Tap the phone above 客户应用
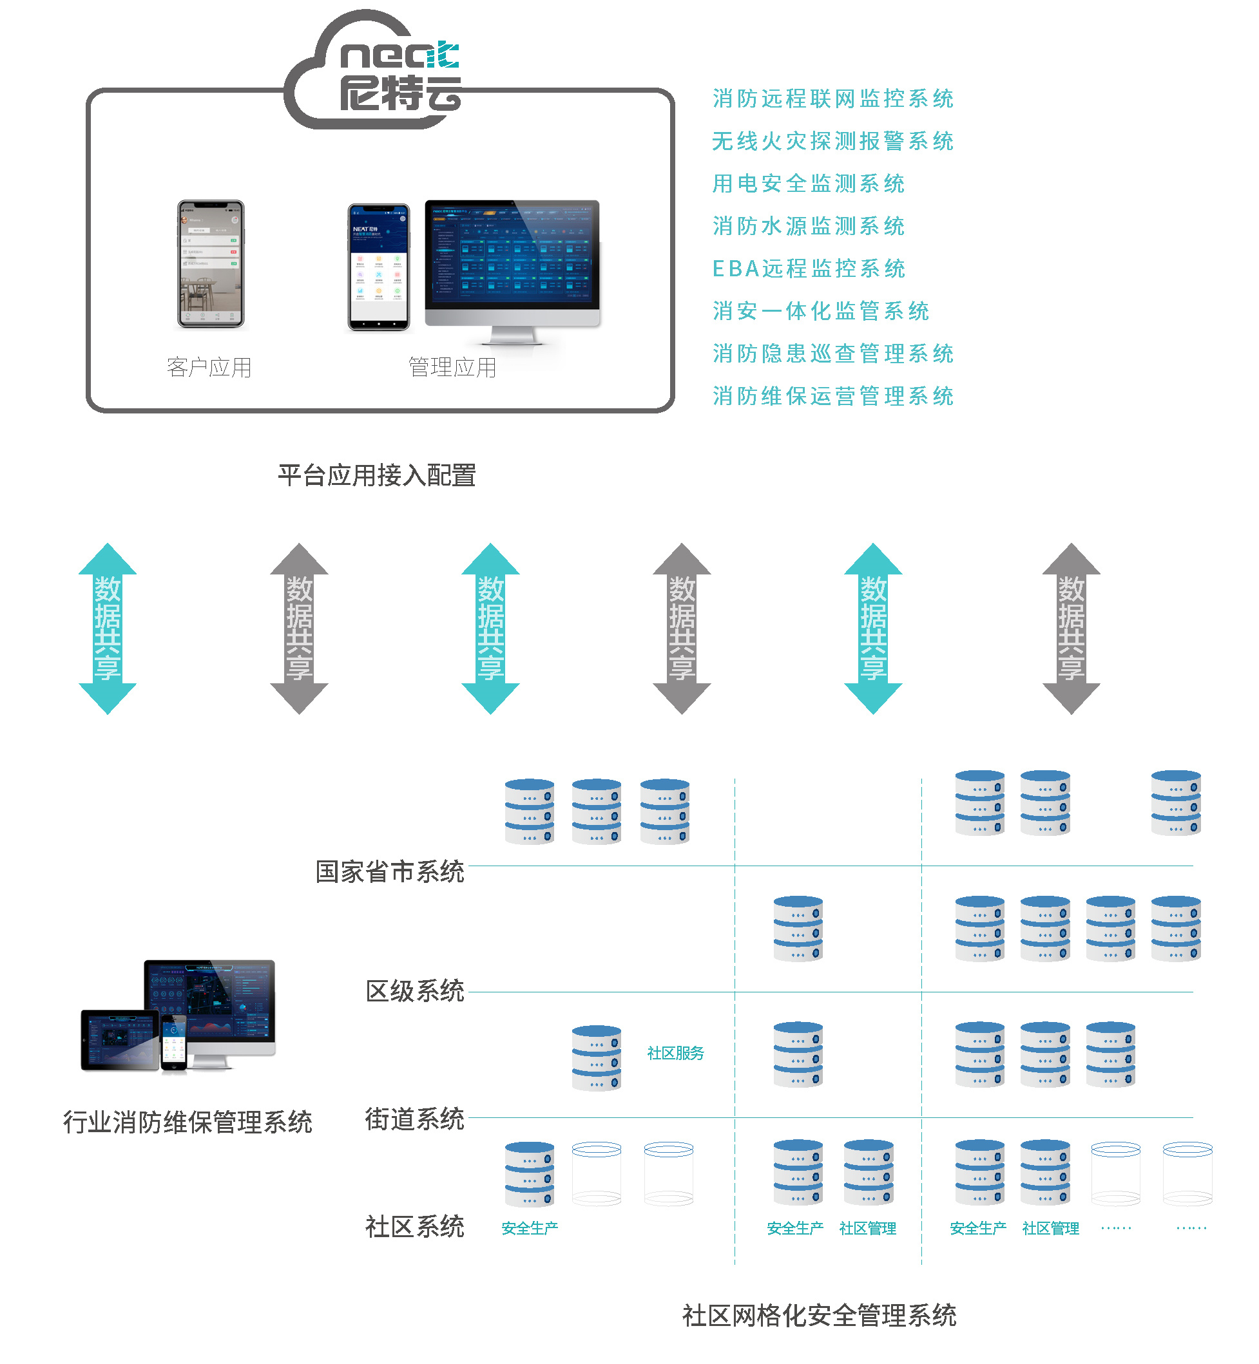pyautogui.click(x=211, y=263)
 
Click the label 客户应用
pyautogui.click(x=209, y=368)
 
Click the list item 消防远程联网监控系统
pyautogui.click(x=832, y=99)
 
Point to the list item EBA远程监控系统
pyautogui.click(x=809, y=269)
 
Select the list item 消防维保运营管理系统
pyautogui.click(x=832, y=395)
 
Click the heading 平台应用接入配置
pyautogui.click(x=377, y=475)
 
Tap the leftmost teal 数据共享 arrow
pyautogui.click(x=108, y=628)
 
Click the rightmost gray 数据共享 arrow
pyautogui.click(x=1071, y=628)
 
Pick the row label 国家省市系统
pyautogui.click(x=390, y=871)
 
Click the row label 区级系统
pyautogui.click(x=414, y=991)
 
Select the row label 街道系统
pyautogui.click(x=414, y=1118)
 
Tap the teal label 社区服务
pyautogui.click(x=675, y=1053)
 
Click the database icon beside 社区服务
pyautogui.click(x=596, y=1057)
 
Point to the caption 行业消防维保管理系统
pyautogui.click(x=187, y=1122)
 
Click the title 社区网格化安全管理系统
pyautogui.click(x=819, y=1315)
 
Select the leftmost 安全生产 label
pyautogui.click(x=530, y=1228)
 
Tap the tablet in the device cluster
pyautogui.click(x=120, y=1039)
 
